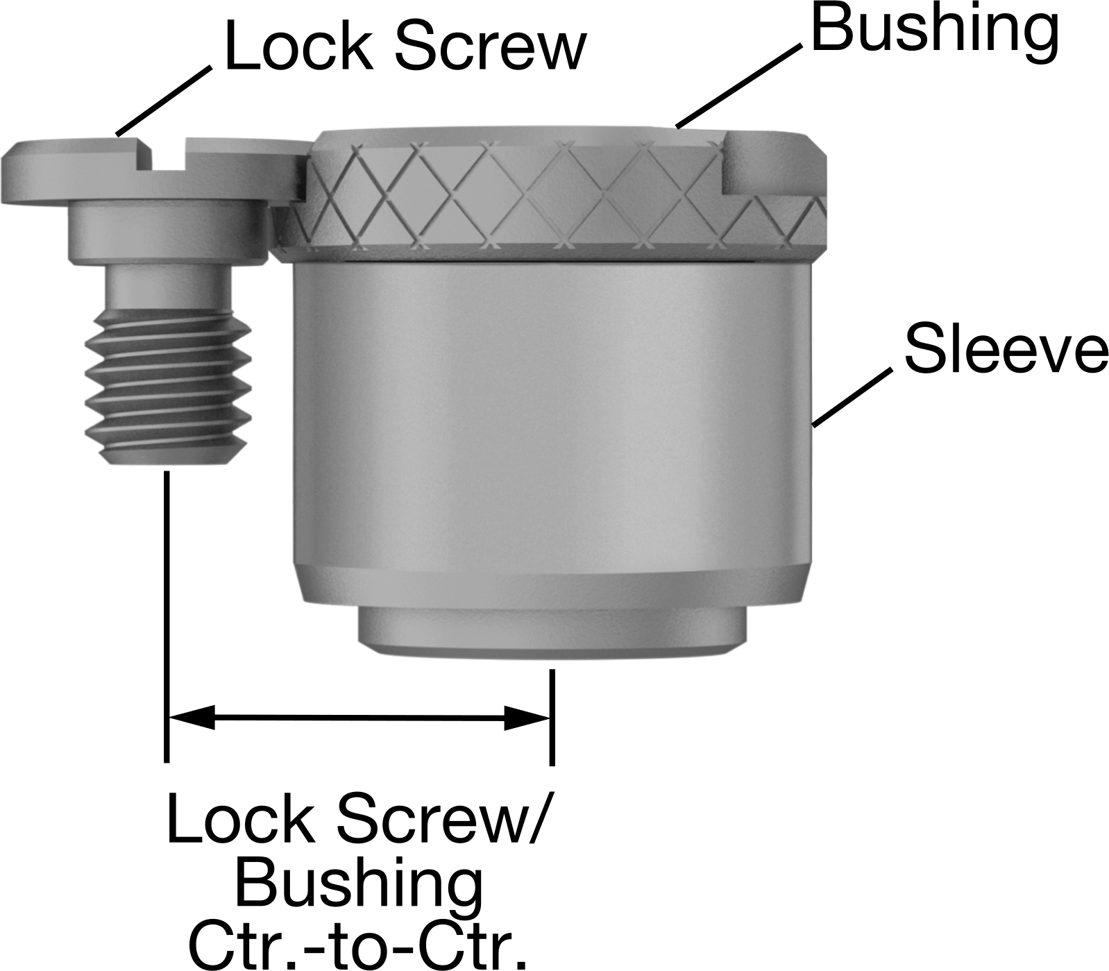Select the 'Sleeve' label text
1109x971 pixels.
[x=1006, y=348]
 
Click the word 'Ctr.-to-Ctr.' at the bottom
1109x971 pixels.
[x=357, y=945]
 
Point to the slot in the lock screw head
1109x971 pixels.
[x=169, y=156]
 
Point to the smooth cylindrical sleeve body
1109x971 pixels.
[x=552, y=416]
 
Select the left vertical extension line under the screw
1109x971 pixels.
[x=167, y=617]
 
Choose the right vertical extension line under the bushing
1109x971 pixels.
[x=552, y=717]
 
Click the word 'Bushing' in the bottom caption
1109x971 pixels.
[x=359, y=884]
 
